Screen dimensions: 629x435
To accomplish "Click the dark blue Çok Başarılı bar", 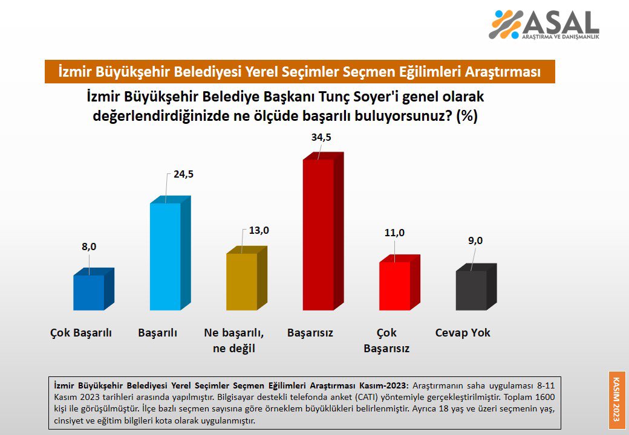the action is click(94, 289).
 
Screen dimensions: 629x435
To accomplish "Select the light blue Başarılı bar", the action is click(170, 253).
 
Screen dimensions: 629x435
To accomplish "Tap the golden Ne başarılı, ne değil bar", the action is click(246, 279).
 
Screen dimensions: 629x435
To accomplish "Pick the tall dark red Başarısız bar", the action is click(323, 231).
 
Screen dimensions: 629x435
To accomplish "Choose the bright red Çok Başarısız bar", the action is click(400, 283).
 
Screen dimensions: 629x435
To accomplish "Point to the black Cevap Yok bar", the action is click(476, 287).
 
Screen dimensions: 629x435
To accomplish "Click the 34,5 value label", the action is click(321, 137).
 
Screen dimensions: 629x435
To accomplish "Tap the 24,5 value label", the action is click(183, 174).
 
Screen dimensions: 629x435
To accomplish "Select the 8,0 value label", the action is click(89, 246).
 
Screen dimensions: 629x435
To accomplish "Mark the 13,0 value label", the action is click(259, 231).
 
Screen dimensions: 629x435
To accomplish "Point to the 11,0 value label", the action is click(395, 233).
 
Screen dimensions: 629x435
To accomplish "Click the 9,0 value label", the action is click(475, 240).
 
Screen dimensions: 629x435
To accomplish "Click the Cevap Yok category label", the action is click(463, 333).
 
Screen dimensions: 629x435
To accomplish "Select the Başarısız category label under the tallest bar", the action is click(310, 333).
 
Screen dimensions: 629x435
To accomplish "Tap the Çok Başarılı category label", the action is click(81, 333).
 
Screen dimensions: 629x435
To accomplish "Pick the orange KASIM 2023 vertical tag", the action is click(616, 399).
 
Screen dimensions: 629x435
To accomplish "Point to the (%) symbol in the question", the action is click(467, 117).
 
